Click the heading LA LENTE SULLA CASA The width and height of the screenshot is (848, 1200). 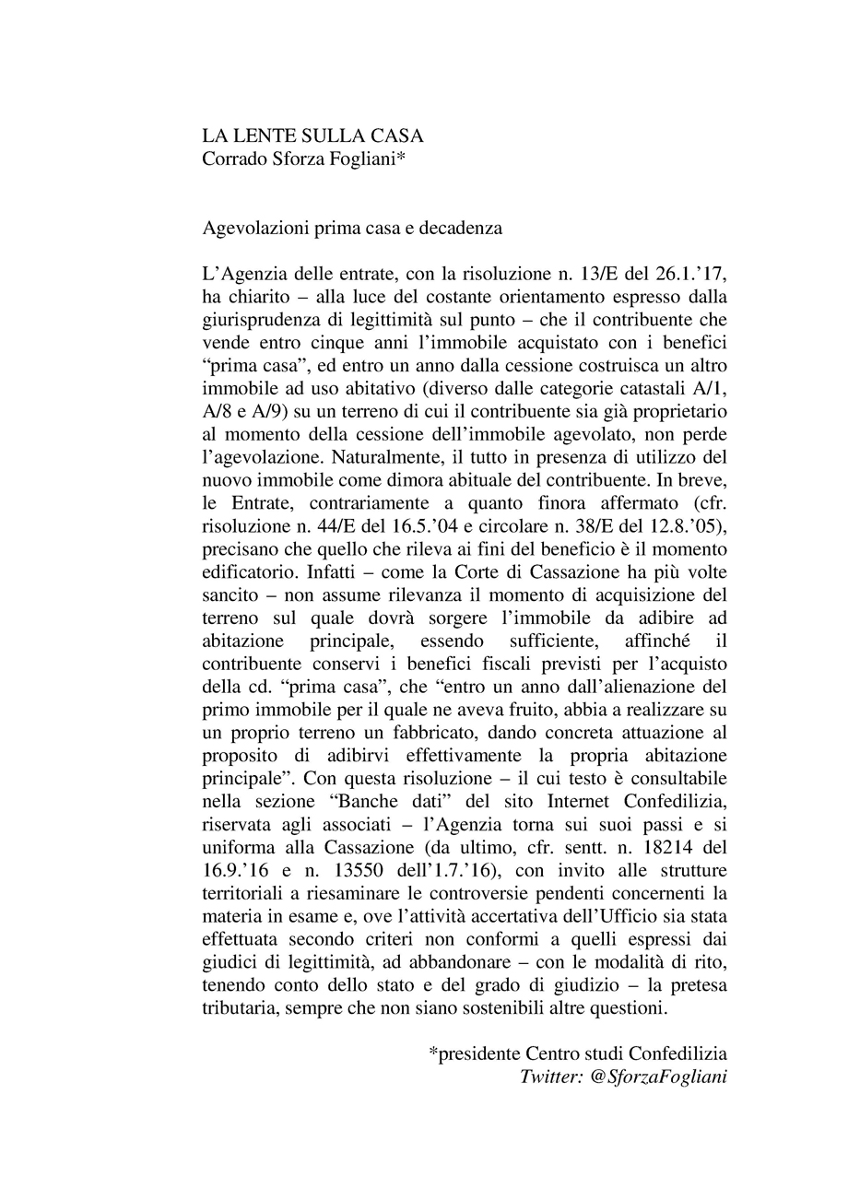[x=312, y=135]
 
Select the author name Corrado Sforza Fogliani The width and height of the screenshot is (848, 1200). [x=304, y=159]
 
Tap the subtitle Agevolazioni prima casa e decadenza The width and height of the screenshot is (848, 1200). [x=351, y=228]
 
